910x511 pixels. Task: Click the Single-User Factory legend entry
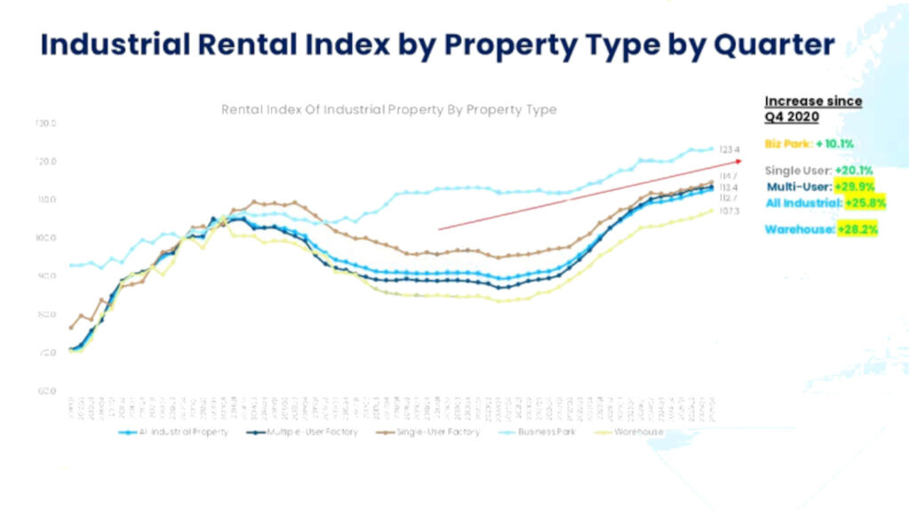[x=433, y=432]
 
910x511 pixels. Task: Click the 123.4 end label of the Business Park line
[x=730, y=150]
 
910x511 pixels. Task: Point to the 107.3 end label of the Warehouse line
[x=730, y=211]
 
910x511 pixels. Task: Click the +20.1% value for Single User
[x=854, y=170]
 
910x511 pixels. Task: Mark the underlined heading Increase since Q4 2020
[x=813, y=108]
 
